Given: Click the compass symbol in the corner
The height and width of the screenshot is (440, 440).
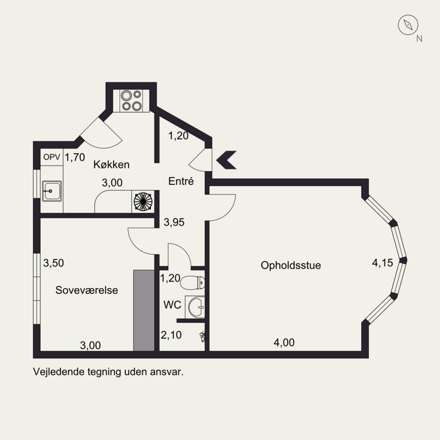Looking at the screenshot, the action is click(x=408, y=25).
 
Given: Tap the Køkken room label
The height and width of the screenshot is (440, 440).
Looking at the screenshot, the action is click(x=112, y=164).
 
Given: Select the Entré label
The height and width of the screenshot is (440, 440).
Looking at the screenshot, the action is click(x=181, y=181).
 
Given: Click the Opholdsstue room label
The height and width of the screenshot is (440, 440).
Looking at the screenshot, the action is click(x=291, y=266).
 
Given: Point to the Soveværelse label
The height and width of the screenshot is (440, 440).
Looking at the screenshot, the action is click(x=87, y=290).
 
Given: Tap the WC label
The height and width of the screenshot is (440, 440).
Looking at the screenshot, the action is click(x=172, y=305).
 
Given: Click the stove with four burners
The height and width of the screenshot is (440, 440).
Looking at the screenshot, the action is click(x=131, y=101).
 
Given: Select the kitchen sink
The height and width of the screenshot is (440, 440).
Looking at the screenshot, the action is click(x=52, y=191).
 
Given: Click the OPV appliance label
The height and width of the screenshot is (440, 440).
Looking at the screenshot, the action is click(x=52, y=157).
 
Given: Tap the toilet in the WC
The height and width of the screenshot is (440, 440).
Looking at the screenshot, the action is click(x=193, y=283).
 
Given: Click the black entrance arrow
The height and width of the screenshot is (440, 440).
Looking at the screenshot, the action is click(x=226, y=160).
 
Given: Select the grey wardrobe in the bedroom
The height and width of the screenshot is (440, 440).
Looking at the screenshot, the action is click(x=144, y=310).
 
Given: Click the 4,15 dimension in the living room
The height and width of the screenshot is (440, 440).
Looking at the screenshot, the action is click(x=382, y=263).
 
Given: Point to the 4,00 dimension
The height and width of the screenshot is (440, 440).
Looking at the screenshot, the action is click(x=284, y=343).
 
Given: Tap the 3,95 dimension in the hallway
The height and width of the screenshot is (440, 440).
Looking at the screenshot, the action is click(x=174, y=222).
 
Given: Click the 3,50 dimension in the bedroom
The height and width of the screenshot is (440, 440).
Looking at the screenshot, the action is click(x=53, y=263).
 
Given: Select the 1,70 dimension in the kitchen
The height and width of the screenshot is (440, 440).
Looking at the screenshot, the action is click(x=75, y=157).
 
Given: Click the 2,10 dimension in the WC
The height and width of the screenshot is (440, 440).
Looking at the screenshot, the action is click(x=171, y=335).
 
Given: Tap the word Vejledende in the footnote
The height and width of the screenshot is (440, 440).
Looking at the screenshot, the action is click(x=59, y=372).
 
